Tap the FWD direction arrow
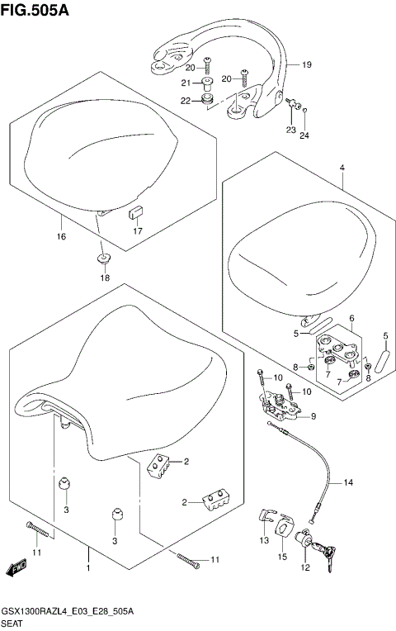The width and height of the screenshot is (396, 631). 16,568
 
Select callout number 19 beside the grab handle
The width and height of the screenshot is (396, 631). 306,64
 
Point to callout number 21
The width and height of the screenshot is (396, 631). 186,83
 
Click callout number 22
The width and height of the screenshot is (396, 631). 186,101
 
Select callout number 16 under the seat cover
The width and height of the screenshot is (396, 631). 60,236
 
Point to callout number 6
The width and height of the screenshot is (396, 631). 351,318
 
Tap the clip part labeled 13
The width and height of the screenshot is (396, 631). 262,519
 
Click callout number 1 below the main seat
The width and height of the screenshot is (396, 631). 87,569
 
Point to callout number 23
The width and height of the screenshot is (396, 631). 290,130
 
